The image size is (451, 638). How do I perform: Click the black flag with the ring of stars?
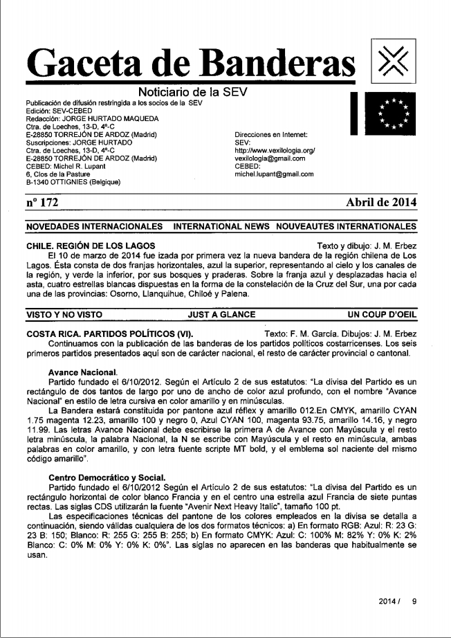[392, 112]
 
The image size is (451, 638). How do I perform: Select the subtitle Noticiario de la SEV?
[193, 93]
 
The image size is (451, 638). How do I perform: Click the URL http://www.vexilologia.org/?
[275, 149]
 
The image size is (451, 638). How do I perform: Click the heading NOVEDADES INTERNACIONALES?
[93, 226]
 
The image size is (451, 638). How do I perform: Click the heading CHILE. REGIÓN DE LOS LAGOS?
[89, 246]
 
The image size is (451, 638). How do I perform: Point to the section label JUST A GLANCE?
[221, 313]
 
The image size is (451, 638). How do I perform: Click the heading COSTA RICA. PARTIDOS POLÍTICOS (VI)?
[116, 334]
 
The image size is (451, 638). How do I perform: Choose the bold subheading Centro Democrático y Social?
[107, 477]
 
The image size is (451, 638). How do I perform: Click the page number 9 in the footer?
[414, 601]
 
